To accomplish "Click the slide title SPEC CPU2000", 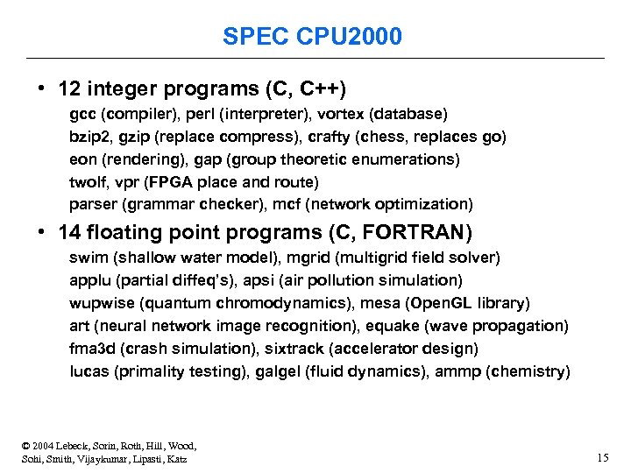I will click(x=313, y=37).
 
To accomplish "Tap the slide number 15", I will click(x=602, y=457).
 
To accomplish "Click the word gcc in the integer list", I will click(x=82, y=115).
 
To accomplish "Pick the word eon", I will click(x=82, y=159).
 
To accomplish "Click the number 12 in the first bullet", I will click(x=68, y=88).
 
